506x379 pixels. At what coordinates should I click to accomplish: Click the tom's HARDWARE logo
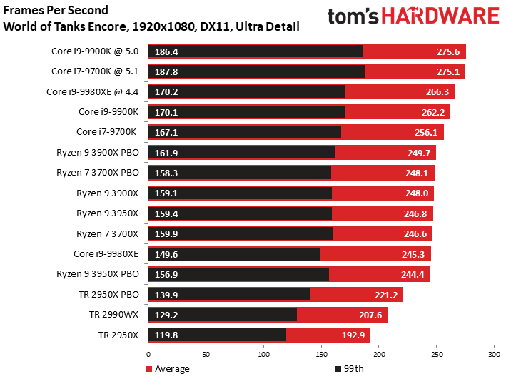point(413,17)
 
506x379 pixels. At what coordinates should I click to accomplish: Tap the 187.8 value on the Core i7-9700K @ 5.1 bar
point(166,71)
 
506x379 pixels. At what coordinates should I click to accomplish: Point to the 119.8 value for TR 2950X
point(166,335)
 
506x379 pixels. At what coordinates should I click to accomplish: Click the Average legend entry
point(168,369)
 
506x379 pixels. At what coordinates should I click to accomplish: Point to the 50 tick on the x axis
point(206,353)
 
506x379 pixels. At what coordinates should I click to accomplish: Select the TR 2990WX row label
point(115,314)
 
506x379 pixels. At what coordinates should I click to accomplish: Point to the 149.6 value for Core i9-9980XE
point(166,253)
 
